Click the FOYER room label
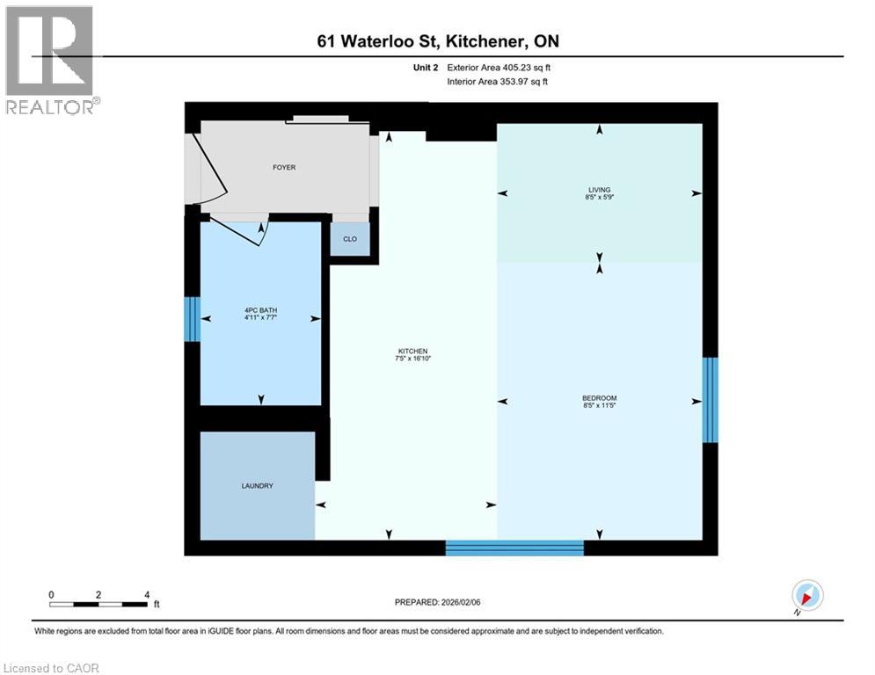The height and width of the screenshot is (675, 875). tap(284, 167)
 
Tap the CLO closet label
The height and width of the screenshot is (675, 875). tap(350, 238)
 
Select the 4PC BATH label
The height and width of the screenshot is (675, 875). tap(260, 309)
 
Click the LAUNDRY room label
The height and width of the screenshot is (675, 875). tap(258, 486)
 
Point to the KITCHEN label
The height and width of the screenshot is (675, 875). tap(412, 351)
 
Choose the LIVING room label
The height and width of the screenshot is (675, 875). tap(600, 189)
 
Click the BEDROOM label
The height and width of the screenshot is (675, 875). tap(600, 397)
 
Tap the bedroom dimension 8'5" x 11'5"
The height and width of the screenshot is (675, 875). tap(600, 405)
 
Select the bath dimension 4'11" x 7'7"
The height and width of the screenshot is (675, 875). tap(260, 317)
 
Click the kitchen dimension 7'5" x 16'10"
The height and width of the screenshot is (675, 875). tap(412, 359)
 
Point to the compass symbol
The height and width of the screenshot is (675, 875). tap(806, 596)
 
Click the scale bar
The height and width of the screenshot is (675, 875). tap(98, 604)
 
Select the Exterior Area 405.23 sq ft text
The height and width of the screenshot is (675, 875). tap(498, 67)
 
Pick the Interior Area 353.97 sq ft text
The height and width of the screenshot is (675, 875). tap(498, 82)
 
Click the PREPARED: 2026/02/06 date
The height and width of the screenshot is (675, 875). tap(438, 602)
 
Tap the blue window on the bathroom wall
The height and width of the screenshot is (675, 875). tap(192, 318)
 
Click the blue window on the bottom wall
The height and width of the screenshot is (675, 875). tap(514, 548)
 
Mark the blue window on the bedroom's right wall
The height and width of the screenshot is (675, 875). tap(710, 399)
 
